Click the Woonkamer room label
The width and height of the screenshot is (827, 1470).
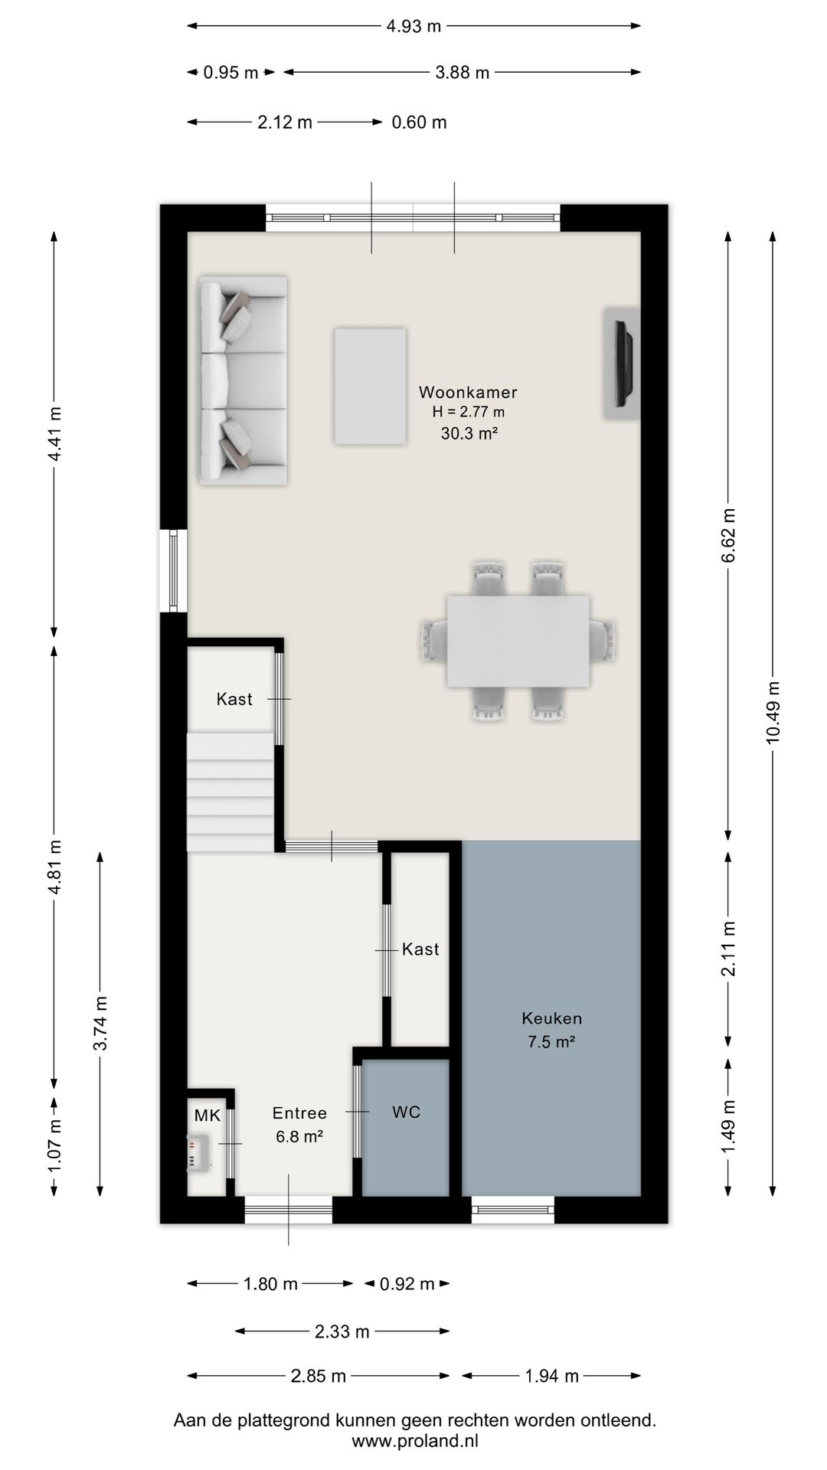point(468,392)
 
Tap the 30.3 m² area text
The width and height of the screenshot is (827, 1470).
point(469,433)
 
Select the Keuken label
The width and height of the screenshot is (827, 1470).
point(552,1018)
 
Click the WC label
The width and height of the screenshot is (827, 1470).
point(407,1112)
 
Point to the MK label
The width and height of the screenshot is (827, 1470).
point(207,1116)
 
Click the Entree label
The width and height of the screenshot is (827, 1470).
point(299,1113)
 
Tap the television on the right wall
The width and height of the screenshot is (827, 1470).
point(623,363)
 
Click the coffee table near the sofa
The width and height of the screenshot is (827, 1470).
point(370,386)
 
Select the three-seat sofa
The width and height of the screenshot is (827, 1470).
point(243,381)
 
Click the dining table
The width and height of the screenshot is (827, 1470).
point(518,641)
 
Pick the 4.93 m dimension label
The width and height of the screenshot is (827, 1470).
point(413,26)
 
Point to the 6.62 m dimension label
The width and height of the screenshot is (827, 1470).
point(728,535)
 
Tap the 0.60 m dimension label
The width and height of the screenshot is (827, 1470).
point(419,122)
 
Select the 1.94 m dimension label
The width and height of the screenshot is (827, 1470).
point(551,1376)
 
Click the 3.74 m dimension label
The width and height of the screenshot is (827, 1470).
point(100,1024)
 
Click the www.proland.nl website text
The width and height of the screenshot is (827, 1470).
point(414,1441)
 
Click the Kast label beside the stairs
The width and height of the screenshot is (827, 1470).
point(234,699)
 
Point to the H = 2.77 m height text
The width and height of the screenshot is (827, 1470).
point(469,412)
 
